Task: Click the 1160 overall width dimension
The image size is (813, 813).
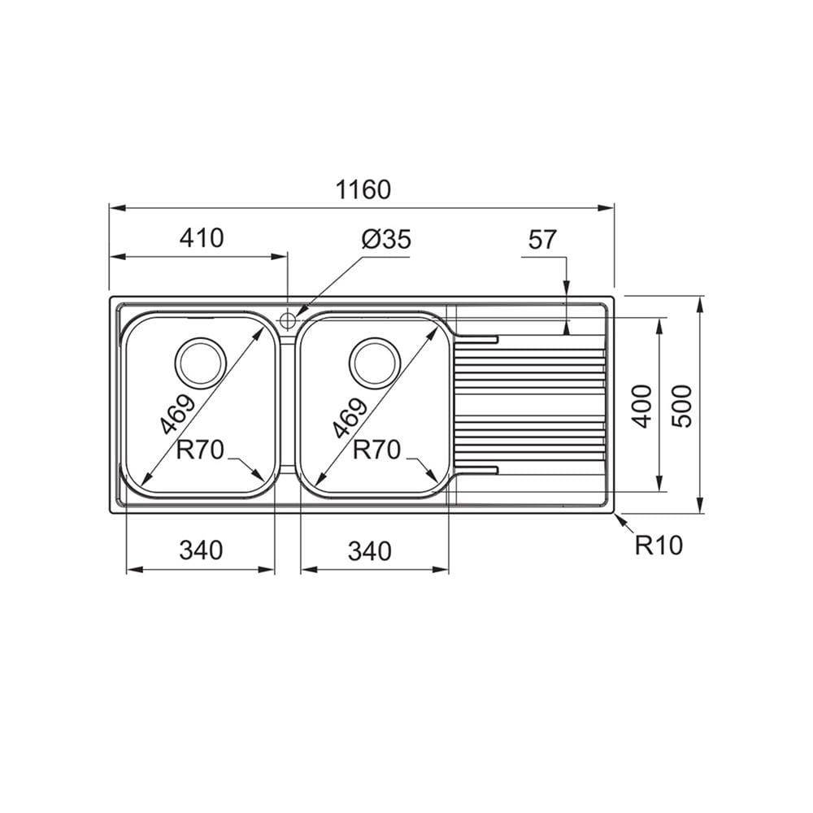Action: coord(363,189)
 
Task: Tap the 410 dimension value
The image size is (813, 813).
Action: coord(202,238)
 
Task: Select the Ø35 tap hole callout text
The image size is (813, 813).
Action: coord(386,239)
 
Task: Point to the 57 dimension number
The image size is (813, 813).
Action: coord(542,240)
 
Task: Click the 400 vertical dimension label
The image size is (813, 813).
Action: coord(643,406)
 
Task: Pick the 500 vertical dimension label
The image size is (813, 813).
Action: coord(682,406)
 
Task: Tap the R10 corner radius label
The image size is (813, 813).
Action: coord(659,545)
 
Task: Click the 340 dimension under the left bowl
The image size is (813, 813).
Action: coord(201,550)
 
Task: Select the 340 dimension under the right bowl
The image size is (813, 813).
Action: coord(370,551)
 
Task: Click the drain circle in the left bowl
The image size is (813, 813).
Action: coord(201,363)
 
